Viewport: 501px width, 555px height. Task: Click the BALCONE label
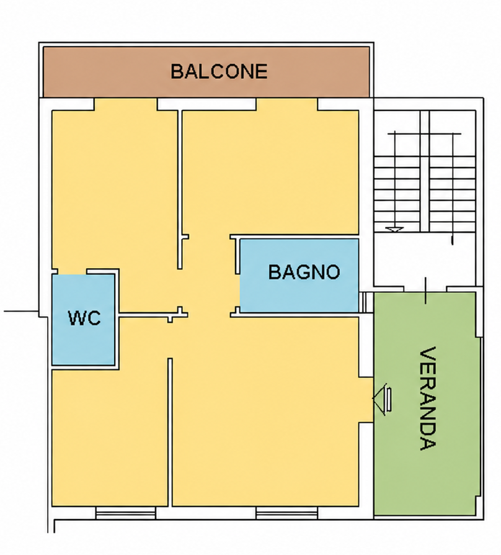point(219,71)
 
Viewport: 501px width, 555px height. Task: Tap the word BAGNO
point(304,272)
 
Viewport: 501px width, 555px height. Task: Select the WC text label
point(84,318)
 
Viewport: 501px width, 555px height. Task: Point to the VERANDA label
point(427,398)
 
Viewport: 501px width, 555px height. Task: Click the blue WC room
point(83,320)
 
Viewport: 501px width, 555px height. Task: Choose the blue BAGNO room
point(299,276)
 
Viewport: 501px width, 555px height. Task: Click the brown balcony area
point(206,72)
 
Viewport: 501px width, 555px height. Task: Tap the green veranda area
point(427,404)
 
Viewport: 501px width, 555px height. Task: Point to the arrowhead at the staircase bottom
point(394,229)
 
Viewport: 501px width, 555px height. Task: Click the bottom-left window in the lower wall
point(125,513)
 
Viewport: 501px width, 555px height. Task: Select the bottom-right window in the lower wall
point(286,513)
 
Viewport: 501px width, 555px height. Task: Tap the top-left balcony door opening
point(125,104)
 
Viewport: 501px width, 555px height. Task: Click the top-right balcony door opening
point(286,104)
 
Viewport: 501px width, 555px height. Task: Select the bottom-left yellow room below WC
point(110,438)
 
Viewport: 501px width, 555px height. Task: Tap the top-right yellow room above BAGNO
point(270,173)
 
